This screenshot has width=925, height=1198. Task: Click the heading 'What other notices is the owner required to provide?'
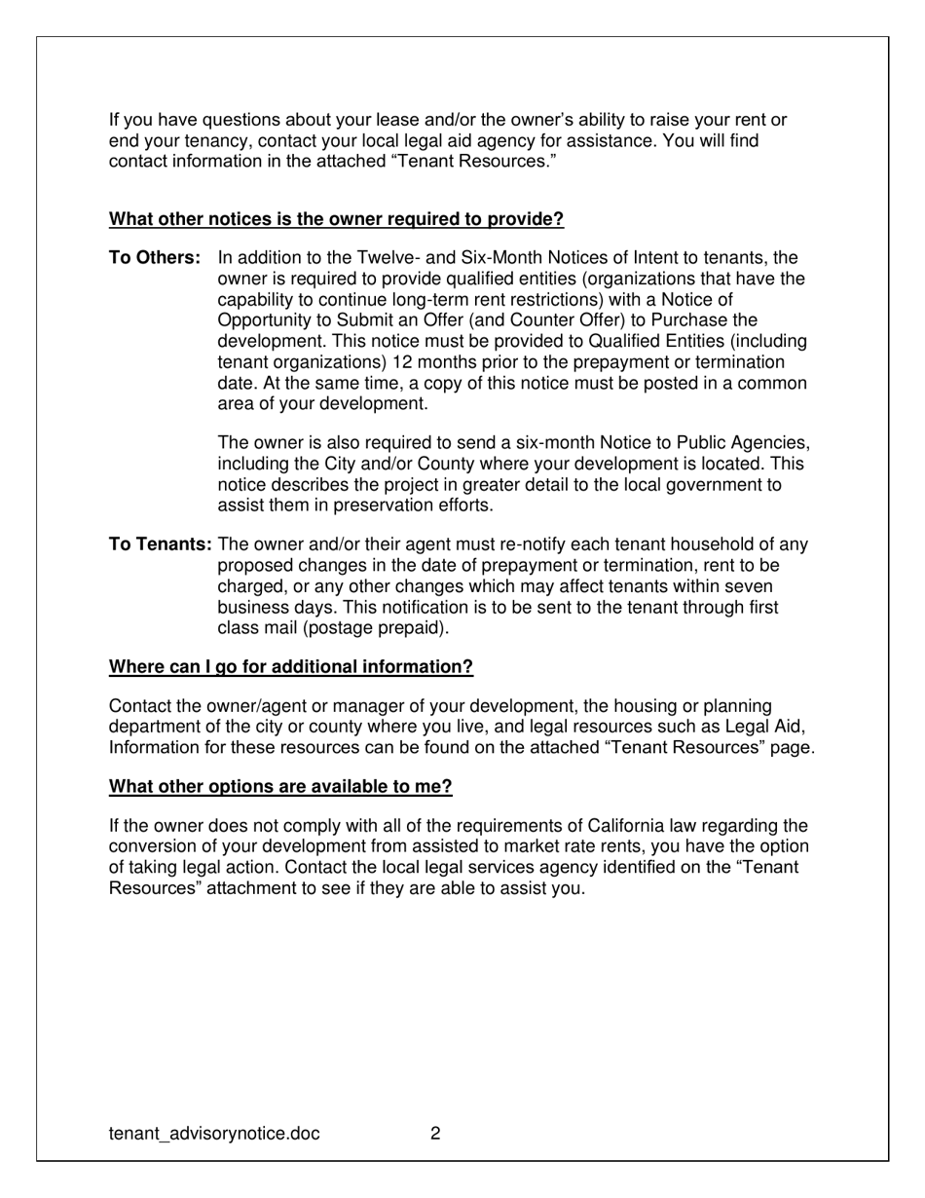click(336, 219)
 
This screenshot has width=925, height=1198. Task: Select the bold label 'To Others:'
click(155, 258)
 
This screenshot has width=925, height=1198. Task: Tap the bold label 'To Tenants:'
click(161, 544)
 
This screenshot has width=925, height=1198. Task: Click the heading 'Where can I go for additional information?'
click(291, 667)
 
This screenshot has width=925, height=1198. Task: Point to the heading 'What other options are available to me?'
click(280, 786)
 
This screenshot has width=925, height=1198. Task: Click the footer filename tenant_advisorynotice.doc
click(214, 1134)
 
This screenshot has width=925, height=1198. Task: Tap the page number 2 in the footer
click(435, 1134)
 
